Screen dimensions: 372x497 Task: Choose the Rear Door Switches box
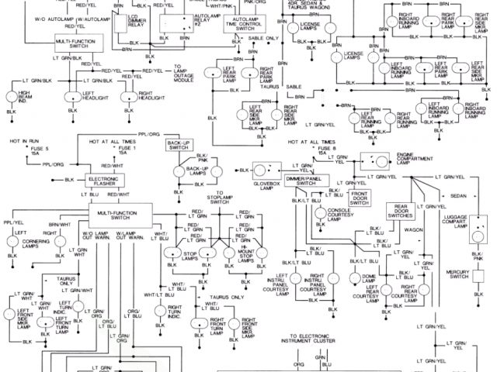401,211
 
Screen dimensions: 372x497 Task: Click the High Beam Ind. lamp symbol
12,98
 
